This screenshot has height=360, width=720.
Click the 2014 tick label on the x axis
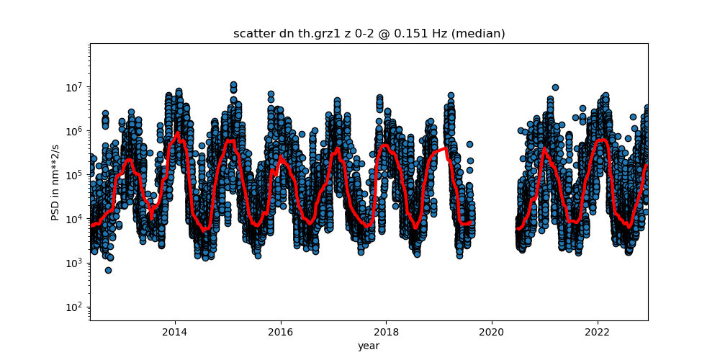(x=174, y=332)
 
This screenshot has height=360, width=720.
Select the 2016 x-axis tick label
(x=280, y=332)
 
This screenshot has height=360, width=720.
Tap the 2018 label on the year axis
(x=386, y=332)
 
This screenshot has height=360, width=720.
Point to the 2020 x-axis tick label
(x=492, y=332)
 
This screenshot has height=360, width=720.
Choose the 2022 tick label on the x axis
(x=597, y=332)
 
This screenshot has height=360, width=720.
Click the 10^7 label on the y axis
(x=75, y=87)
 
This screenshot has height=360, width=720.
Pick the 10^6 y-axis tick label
(x=75, y=131)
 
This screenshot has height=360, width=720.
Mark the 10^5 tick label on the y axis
(x=75, y=175)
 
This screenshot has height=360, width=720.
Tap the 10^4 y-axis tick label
(x=75, y=219)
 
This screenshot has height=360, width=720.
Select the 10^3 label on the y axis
(x=75, y=263)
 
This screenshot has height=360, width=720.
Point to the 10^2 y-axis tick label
(x=75, y=307)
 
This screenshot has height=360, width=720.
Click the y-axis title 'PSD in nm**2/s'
(x=55, y=182)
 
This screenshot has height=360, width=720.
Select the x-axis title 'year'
(x=369, y=346)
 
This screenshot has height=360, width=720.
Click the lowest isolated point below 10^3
(x=108, y=270)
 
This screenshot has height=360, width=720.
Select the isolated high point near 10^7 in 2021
(x=555, y=87)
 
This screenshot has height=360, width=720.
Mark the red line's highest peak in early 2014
(x=177, y=133)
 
